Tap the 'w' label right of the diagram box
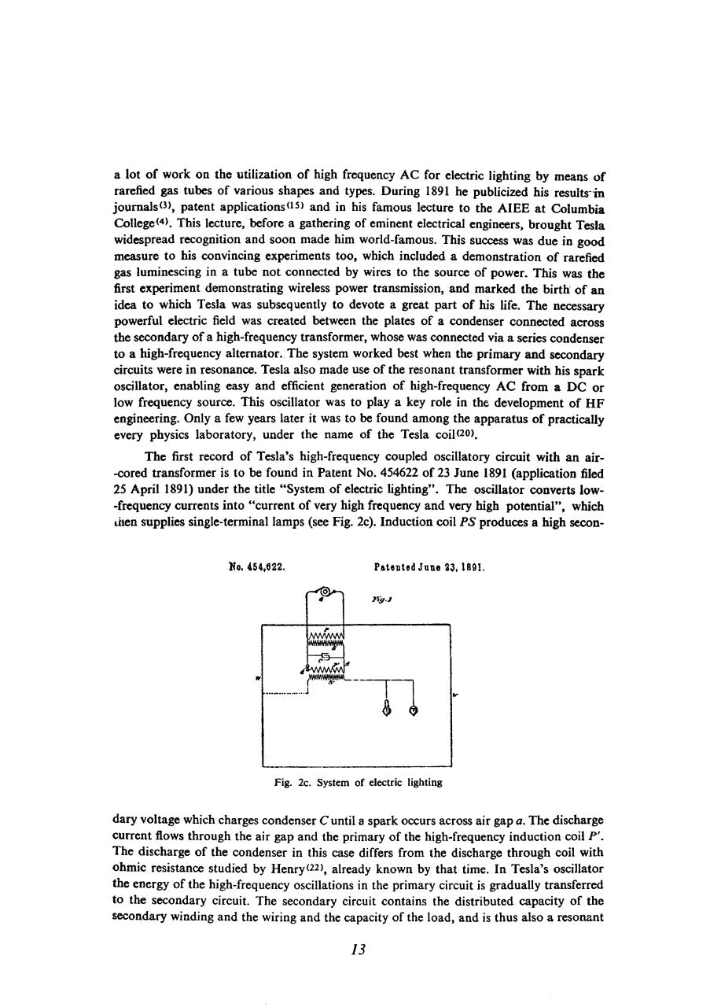pos(457,695)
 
